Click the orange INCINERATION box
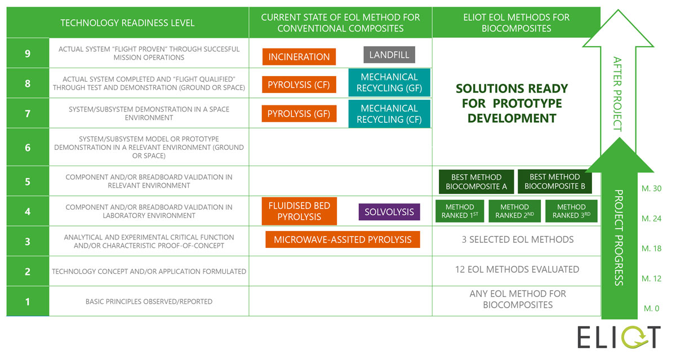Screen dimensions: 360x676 click(299, 57)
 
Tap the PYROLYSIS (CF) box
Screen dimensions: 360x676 click(299, 85)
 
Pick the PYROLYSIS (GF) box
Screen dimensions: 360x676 click(299, 114)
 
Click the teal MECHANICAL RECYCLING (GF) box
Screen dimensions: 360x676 click(389, 83)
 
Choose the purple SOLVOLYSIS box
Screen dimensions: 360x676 click(389, 212)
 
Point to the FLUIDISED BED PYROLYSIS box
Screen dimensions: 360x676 click(299, 211)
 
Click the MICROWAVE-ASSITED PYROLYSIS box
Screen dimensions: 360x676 click(343, 239)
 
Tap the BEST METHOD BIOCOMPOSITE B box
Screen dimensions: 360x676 click(554, 181)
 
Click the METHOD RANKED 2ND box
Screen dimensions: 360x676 click(514, 211)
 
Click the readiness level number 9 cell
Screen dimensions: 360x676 click(28, 54)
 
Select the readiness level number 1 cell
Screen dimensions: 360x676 click(28, 301)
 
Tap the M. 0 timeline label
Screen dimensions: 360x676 click(651, 308)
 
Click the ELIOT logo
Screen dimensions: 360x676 click(619, 337)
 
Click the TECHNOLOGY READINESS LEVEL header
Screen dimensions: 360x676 click(128, 23)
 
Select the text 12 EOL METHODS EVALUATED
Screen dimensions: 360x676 click(517, 269)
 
